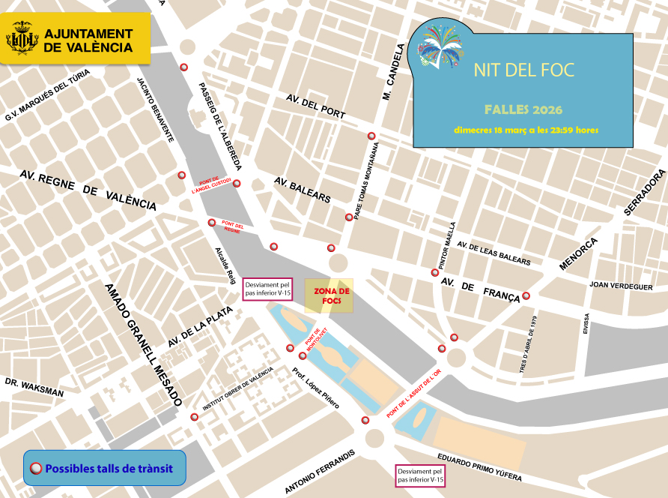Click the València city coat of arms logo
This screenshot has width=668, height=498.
click(22, 38)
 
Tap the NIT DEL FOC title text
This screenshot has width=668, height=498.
click(523, 70)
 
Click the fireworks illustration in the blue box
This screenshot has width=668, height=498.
click(440, 45)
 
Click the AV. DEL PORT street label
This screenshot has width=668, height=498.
click(316, 106)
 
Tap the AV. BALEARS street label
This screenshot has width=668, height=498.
click(302, 190)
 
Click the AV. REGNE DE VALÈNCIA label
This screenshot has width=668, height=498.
click(88, 190)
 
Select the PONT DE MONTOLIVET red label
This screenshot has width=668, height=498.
click(315, 337)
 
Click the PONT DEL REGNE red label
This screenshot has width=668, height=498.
click(233, 227)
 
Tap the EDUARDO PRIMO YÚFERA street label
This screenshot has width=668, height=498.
click(479, 468)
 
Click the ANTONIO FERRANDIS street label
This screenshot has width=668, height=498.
click(320, 472)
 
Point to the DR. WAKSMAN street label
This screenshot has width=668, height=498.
click(34, 387)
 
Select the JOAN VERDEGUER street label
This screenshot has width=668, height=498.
click(621, 286)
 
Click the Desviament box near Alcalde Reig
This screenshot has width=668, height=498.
click(267, 289)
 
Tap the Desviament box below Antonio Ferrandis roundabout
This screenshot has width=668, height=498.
click(420, 475)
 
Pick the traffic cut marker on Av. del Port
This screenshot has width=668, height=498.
click(371, 136)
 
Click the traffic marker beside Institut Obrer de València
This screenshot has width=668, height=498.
click(195, 417)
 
